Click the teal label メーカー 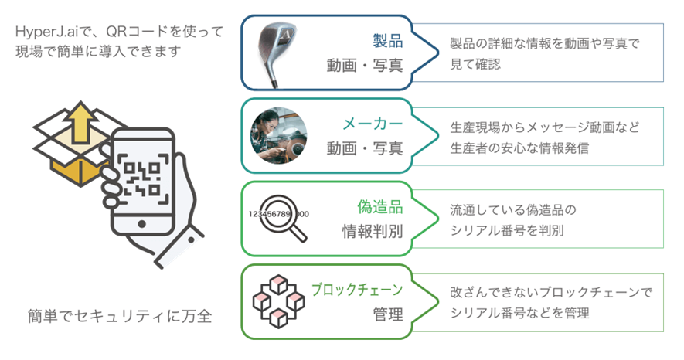click(x=373, y=124)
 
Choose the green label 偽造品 click(x=379, y=207)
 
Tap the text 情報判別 click(x=372, y=230)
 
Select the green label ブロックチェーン click(x=356, y=290)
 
